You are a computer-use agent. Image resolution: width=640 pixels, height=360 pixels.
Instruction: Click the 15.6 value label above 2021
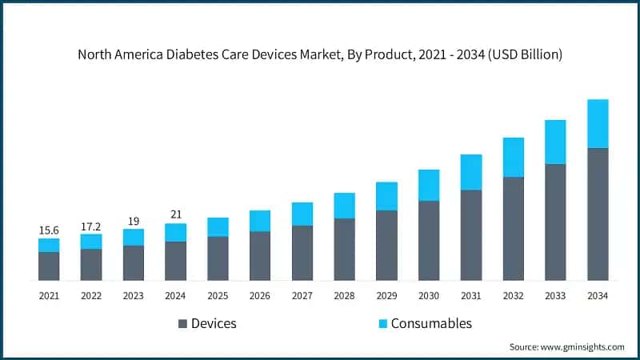coord(49,230)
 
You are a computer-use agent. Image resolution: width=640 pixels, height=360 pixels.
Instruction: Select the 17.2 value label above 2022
coord(91,226)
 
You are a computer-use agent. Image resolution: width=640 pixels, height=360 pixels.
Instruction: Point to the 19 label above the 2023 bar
coord(133,221)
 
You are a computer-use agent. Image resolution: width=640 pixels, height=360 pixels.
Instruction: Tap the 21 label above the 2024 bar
coord(175,214)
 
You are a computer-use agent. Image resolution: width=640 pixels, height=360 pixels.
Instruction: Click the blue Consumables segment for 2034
coord(598,124)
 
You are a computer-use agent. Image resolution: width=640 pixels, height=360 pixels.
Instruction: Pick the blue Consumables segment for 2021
coord(49,245)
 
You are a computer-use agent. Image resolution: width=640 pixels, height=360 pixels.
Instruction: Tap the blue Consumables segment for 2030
coord(429,185)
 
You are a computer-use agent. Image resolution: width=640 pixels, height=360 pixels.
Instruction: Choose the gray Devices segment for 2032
coord(513,229)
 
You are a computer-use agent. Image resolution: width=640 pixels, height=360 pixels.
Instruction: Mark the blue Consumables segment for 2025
coord(218,227)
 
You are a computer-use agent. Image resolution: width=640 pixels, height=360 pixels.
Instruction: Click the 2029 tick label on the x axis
coord(386,296)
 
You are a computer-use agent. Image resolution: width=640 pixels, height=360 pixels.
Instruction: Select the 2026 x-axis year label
coord(260,296)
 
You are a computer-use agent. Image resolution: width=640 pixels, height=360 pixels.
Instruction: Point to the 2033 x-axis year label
coord(555,296)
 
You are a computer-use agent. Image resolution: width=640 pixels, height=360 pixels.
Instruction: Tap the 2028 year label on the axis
coord(344,296)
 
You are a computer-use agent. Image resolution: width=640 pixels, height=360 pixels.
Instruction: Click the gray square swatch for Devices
coord(182,324)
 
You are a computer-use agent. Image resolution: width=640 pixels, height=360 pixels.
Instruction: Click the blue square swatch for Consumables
coord(382,324)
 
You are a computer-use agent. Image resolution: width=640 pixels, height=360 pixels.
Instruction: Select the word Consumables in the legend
coord(431,323)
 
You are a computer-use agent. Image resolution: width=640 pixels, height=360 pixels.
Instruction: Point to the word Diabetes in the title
coord(205,55)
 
